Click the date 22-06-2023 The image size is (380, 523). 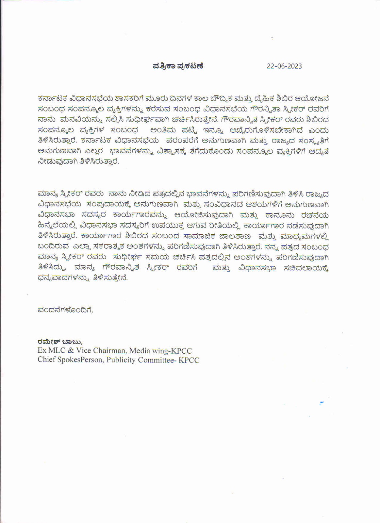click(284, 66)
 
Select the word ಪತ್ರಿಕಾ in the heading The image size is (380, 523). click(165, 66)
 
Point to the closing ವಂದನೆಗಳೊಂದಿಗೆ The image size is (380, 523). click(65, 310)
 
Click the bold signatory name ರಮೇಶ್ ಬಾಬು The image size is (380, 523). click(55, 342)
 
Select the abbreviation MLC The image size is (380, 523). click(56, 351)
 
